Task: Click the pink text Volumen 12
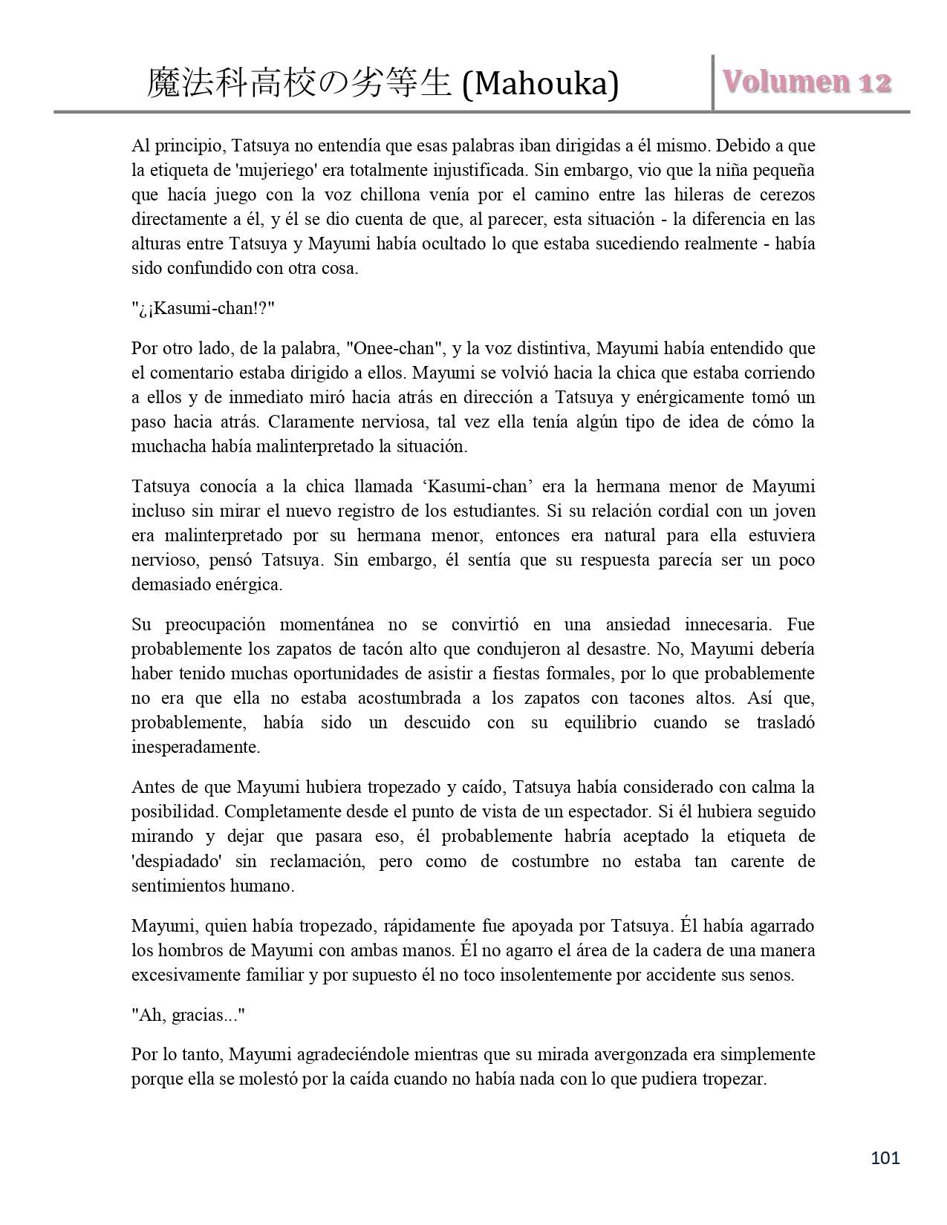(807, 82)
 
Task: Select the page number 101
(885, 1157)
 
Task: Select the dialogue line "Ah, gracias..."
(188, 1015)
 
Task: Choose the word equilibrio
(600, 722)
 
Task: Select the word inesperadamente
(195, 747)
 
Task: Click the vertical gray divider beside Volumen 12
(713, 82)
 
